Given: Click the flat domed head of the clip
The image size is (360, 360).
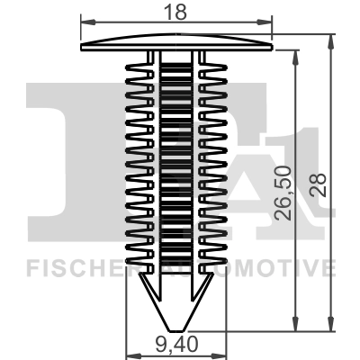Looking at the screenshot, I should (x=175, y=43).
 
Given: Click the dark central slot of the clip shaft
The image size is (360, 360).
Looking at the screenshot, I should (x=175, y=162).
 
